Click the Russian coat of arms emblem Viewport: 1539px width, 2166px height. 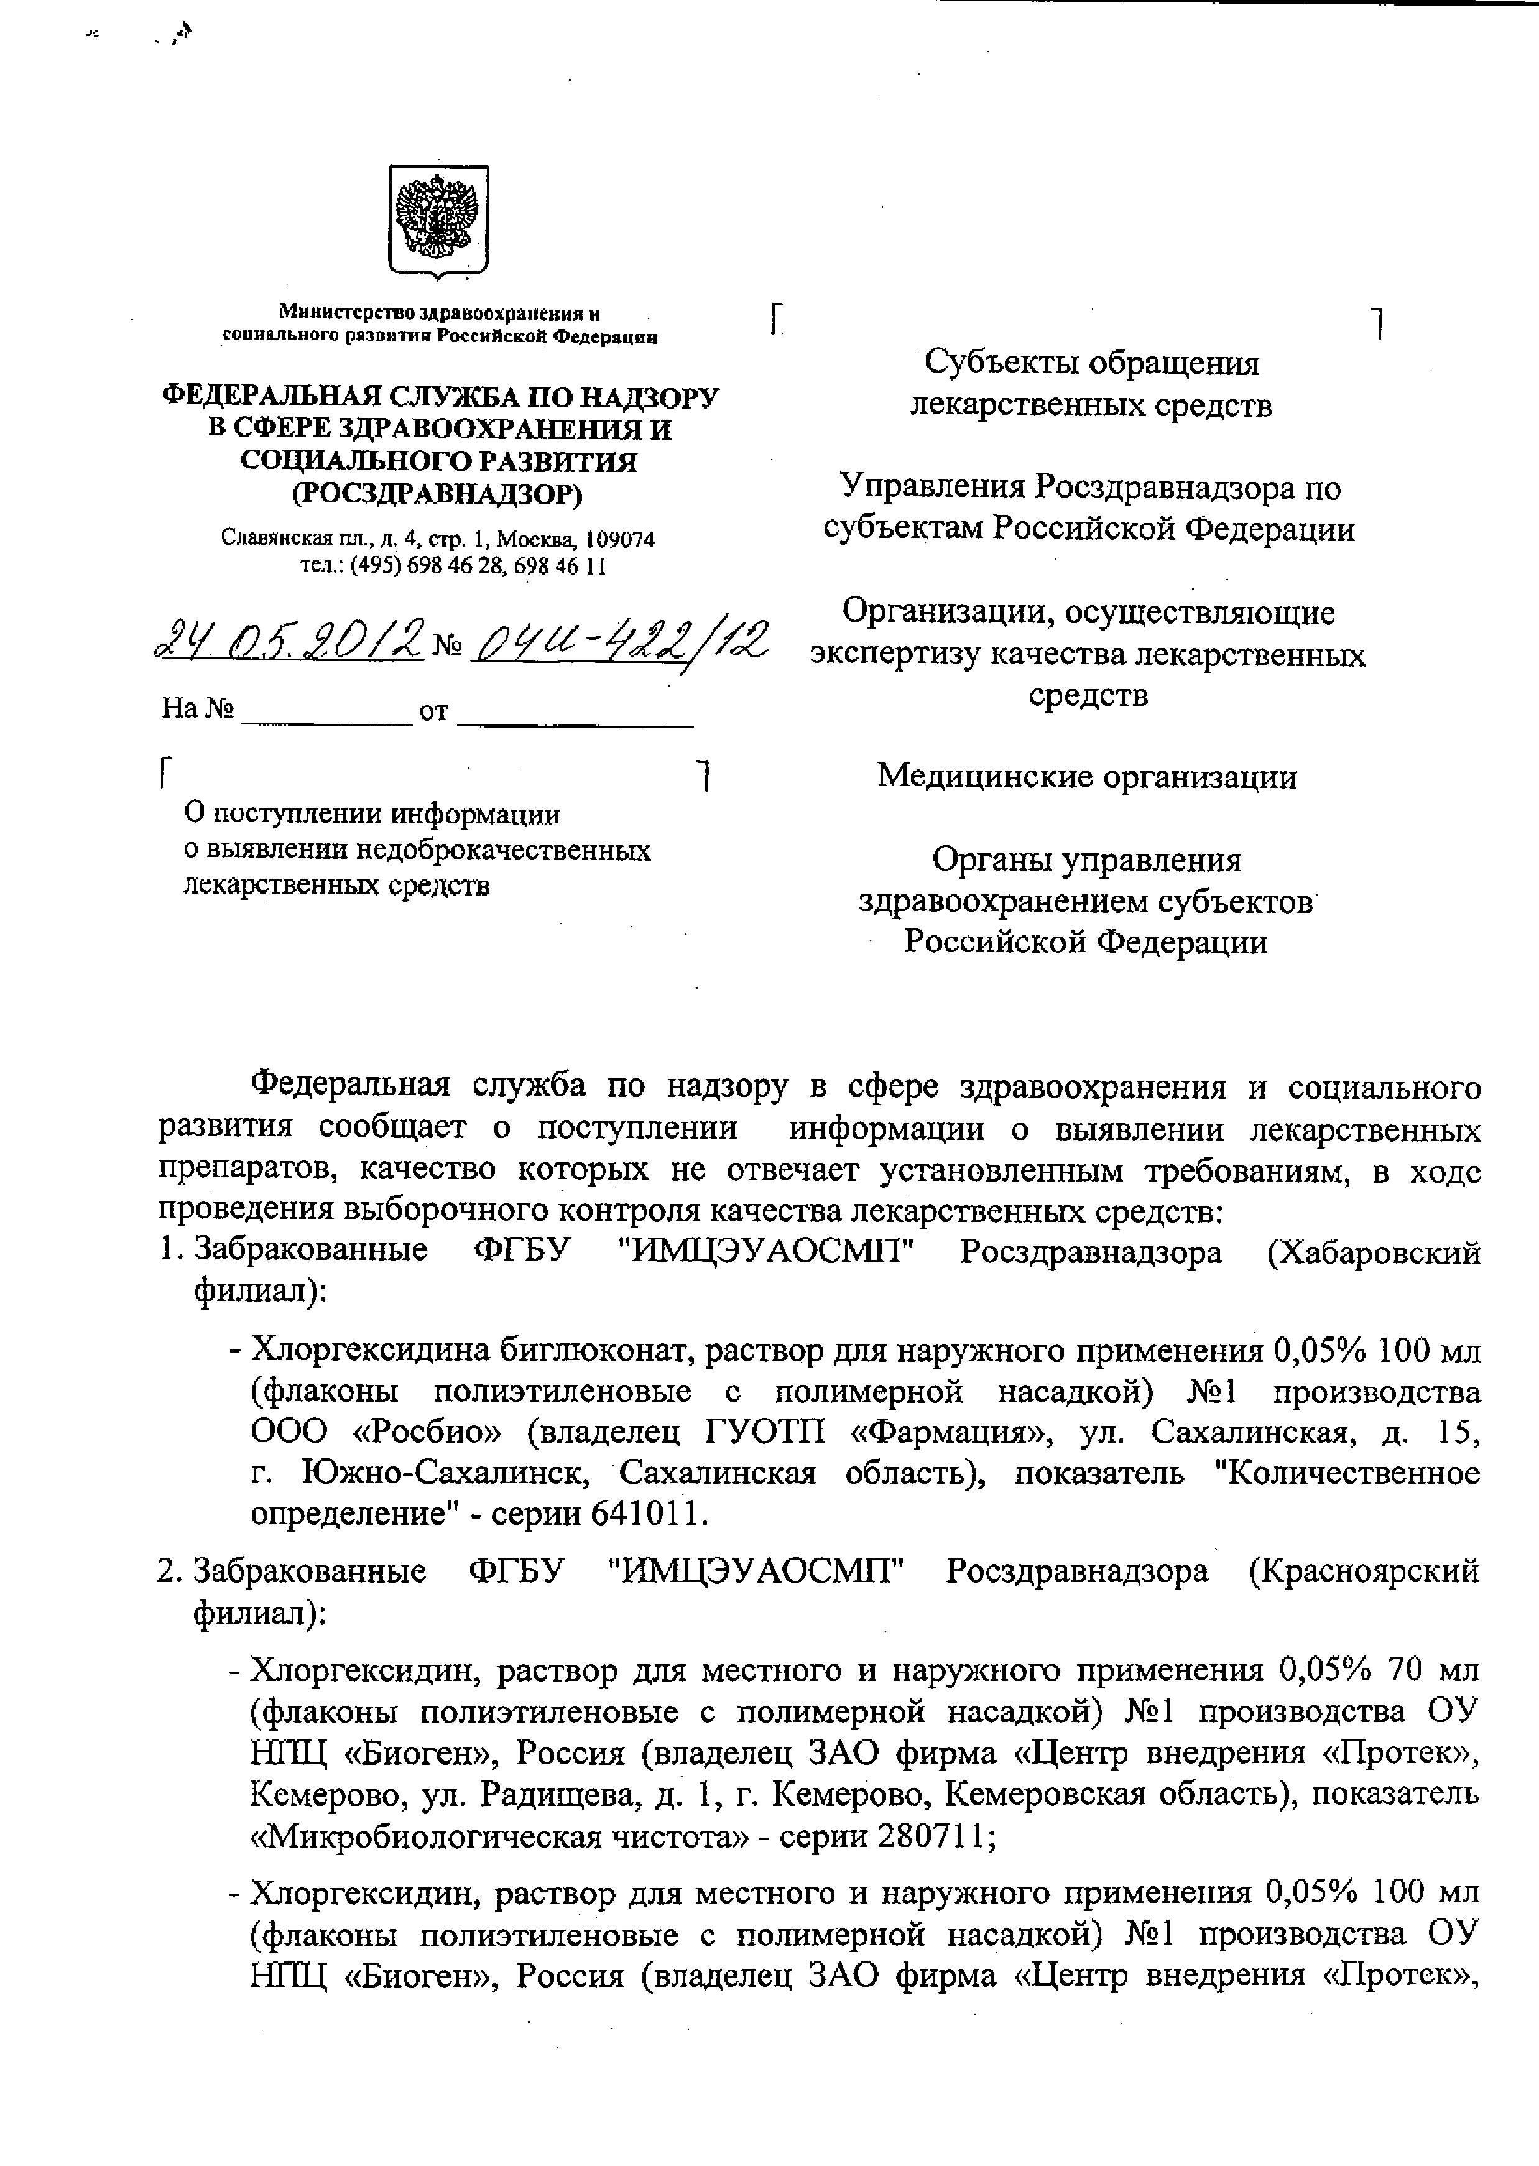pyautogui.click(x=438, y=221)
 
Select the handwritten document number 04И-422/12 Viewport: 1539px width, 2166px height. pyautogui.click(x=620, y=641)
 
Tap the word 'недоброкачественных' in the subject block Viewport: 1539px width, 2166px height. pyautogui.click(x=503, y=850)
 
